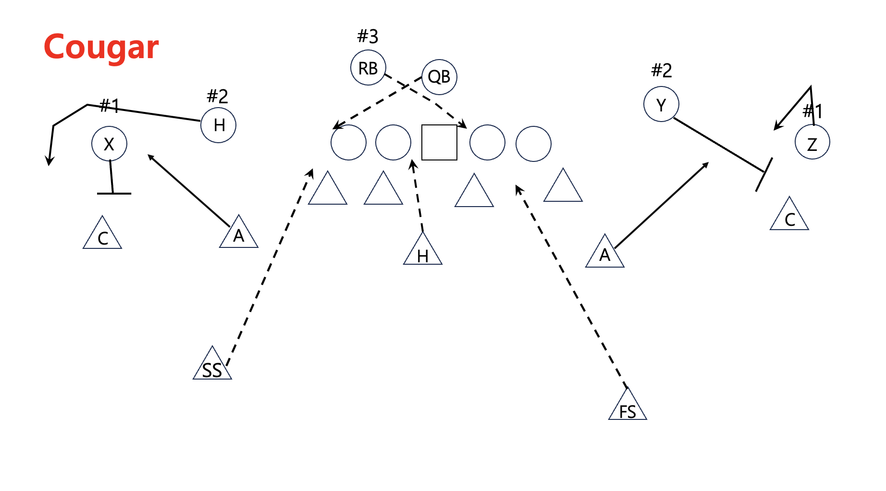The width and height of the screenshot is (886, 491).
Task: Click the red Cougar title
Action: pyautogui.click(x=101, y=47)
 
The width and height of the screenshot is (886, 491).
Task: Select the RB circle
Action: pyautogui.click(x=368, y=68)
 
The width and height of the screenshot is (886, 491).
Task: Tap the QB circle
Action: pyautogui.click(x=439, y=77)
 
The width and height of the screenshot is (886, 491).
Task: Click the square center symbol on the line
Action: pyautogui.click(x=439, y=142)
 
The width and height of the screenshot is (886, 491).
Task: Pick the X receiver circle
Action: pyautogui.click(x=109, y=144)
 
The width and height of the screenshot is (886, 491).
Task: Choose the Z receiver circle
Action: pyautogui.click(x=812, y=142)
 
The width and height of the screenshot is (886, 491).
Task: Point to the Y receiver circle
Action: pyautogui.click(x=661, y=104)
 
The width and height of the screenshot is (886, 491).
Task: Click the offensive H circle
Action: pyautogui.click(x=219, y=125)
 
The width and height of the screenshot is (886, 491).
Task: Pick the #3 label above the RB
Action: pyautogui.click(x=368, y=36)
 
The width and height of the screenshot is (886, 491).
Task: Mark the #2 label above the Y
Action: pyautogui.click(x=661, y=71)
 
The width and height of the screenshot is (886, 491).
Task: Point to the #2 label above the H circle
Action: pyautogui.click(x=217, y=96)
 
